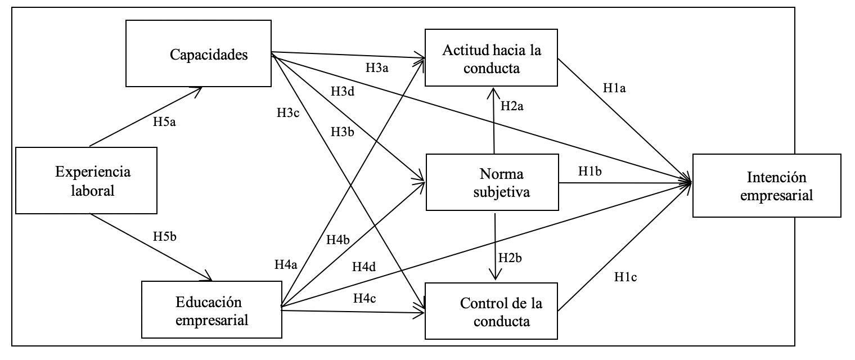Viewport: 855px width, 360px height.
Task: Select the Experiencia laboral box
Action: (x=85, y=181)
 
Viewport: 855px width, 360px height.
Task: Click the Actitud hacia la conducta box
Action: (x=491, y=58)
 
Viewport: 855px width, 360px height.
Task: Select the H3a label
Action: (x=378, y=69)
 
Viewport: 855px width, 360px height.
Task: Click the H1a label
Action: (x=615, y=88)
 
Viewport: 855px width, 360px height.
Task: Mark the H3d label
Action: (x=343, y=91)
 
